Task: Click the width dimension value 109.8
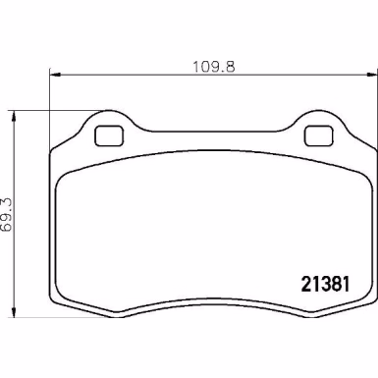213,67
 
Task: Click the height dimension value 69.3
6,214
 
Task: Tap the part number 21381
325,284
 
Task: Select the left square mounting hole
109,135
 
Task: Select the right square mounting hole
319,135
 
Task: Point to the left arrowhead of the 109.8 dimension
55,75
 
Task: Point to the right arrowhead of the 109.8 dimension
371,75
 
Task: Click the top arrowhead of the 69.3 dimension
14,116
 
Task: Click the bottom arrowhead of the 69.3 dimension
14,311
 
